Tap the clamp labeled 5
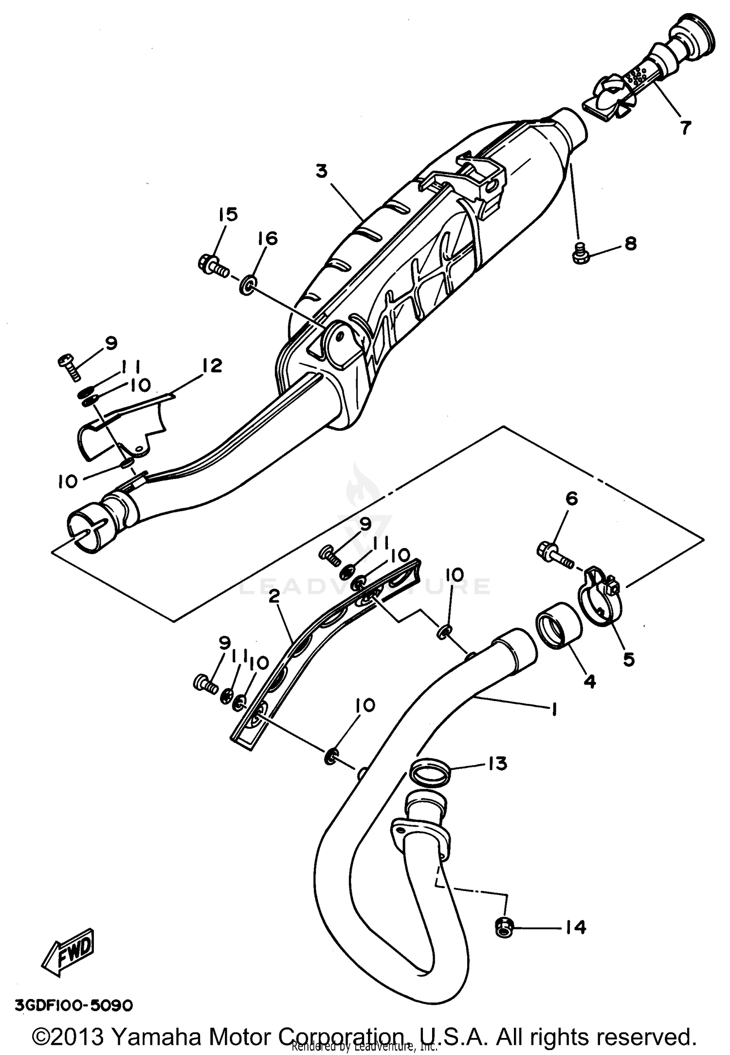click(598, 595)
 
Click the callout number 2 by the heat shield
click(274, 597)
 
